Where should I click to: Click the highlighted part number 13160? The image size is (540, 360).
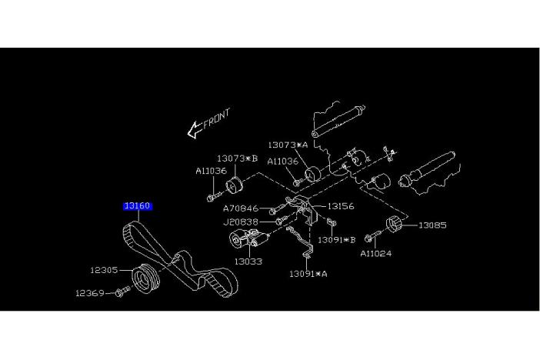tap(137, 206)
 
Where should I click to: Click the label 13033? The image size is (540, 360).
tap(248, 262)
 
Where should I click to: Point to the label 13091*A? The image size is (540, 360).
tap(308, 273)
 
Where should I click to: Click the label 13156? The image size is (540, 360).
tap(340, 206)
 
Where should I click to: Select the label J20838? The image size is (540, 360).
tap(241, 222)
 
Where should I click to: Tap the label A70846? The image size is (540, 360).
tap(241, 208)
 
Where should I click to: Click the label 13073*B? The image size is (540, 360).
tap(236, 158)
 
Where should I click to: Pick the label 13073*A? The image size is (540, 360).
tap(288, 145)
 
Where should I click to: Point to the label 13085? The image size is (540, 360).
tap(432, 225)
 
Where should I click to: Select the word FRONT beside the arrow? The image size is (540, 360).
tap(217, 120)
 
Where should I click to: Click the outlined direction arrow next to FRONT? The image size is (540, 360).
tap(194, 131)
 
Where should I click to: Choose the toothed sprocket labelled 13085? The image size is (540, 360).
tap(395, 225)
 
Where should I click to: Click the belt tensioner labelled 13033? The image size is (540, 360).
tap(242, 244)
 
